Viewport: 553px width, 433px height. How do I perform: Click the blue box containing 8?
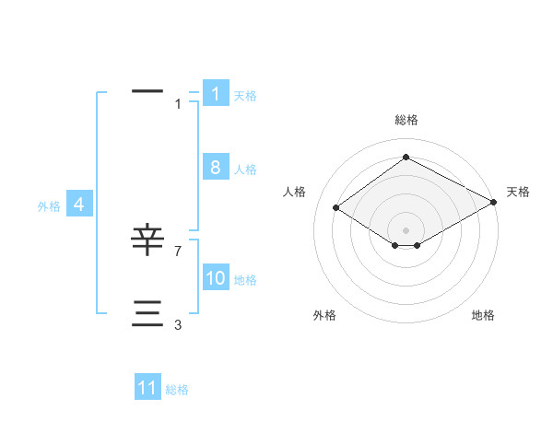216,168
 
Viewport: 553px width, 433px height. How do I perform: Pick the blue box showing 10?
216,278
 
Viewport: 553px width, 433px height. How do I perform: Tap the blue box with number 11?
147,388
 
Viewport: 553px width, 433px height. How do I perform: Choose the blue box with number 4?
79,205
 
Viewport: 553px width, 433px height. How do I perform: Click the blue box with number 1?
216,94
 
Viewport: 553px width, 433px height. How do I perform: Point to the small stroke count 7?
178,251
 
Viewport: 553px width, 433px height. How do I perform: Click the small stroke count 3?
178,324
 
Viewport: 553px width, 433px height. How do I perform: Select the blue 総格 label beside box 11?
177,390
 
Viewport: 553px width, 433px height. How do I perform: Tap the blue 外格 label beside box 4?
49,206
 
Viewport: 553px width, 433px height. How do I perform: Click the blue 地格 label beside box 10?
245,280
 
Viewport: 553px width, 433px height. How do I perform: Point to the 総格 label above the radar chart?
406,120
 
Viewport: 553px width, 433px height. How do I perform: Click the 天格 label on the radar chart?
518,192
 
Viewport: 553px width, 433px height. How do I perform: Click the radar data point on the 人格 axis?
336,207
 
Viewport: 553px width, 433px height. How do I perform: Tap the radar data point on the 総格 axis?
406,158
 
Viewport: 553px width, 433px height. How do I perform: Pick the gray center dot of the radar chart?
406,229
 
